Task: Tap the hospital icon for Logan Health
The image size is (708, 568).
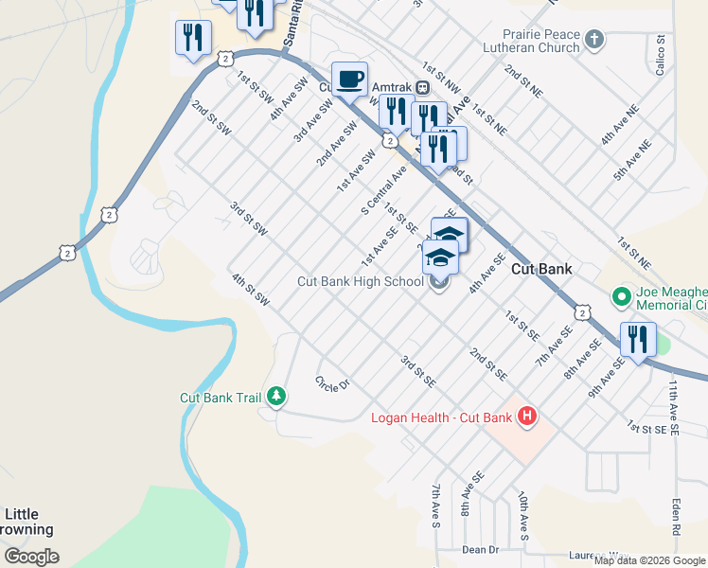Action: pos(527,416)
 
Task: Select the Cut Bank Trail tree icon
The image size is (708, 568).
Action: pos(276,397)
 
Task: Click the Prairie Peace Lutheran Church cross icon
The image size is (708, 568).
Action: pos(593,39)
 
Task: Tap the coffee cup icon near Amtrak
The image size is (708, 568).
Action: pos(349,80)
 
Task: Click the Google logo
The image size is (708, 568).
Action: pos(31,557)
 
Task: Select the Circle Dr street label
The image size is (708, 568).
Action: pos(332,382)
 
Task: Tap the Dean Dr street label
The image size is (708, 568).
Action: pos(480,549)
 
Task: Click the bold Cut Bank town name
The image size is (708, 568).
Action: pos(541,269)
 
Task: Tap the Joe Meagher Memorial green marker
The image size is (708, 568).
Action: pos(621,297)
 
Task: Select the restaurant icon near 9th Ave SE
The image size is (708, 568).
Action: pos(637,340)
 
